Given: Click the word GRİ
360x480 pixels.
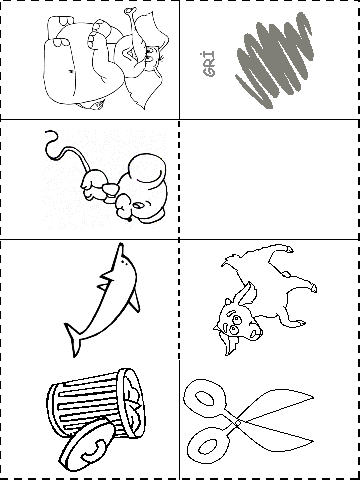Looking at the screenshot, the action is tap(209, 64).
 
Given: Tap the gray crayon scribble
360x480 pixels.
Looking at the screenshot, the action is tap(275, 60).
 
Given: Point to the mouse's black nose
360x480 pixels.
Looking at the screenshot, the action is tap(129, 219).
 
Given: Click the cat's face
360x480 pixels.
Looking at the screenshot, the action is tap(237, 324).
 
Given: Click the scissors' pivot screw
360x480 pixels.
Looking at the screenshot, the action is tap(237, 423).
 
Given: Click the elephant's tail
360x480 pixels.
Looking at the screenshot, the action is tap(71, 71).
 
